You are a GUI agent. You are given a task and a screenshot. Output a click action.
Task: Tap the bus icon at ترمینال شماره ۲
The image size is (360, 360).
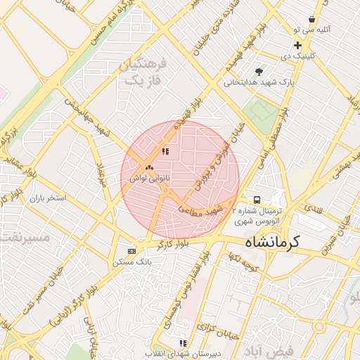257,200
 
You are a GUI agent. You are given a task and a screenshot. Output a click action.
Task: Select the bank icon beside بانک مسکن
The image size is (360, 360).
131,251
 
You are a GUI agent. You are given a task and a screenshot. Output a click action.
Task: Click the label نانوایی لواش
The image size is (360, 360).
148,179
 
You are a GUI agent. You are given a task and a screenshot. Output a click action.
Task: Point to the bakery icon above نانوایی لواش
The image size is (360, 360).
148,168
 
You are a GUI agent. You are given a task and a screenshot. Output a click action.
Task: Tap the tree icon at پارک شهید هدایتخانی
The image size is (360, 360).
259,71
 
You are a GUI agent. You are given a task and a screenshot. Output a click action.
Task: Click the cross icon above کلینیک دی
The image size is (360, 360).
298,44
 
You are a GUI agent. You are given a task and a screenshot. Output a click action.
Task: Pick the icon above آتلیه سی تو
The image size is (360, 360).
311,20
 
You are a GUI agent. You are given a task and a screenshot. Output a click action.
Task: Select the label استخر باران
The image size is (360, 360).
47,198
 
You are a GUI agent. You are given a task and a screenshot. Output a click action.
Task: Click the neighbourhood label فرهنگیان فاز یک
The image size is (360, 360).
143,72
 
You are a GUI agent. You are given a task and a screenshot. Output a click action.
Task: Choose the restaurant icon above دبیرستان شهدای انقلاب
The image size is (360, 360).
183,343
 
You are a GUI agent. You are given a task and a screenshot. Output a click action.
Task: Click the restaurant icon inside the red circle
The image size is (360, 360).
165,151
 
